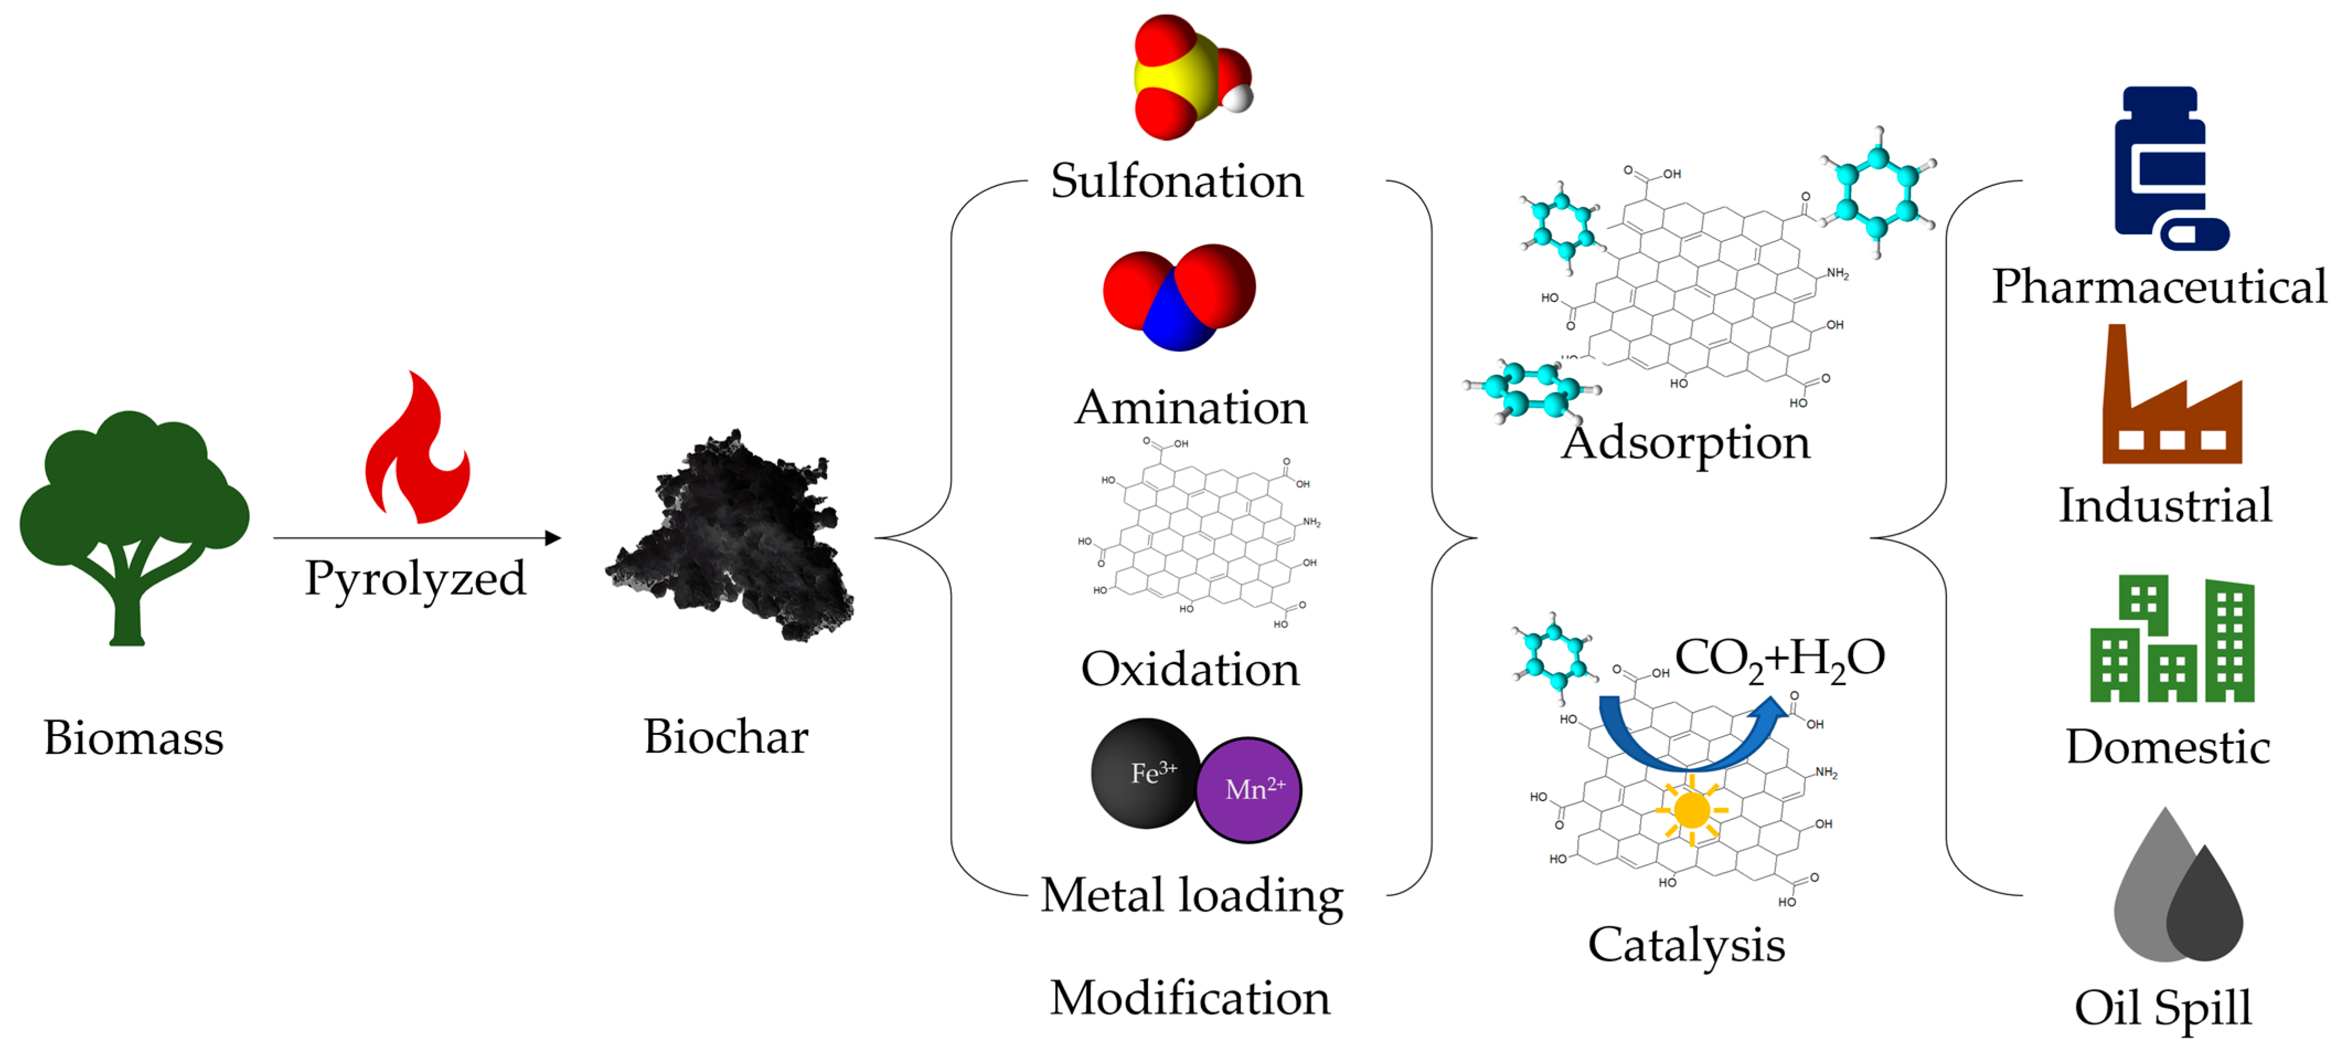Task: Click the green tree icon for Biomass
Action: [x=133, y=518]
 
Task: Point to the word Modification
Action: [x=1190, y=997]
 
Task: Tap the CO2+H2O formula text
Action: [x=1779, y=658]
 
